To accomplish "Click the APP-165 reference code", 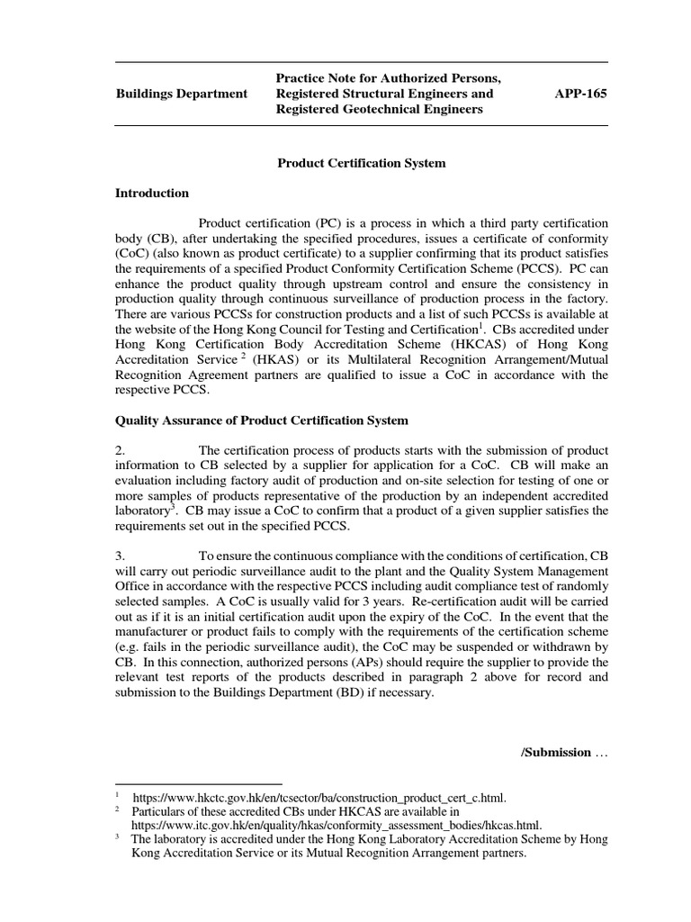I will click(x=583, y=94).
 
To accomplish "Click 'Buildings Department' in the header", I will click(x=182, y=94).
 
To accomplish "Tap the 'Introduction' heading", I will click(x=152, y=193).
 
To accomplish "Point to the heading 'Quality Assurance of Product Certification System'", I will click(x=262, y=420).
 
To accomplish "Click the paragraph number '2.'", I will click(x=122, y=450).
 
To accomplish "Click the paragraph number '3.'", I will click(x=122, y=557).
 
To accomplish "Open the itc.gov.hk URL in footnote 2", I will click(x=337, y=824).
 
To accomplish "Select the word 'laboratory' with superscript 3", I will click(x=143, y=511).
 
